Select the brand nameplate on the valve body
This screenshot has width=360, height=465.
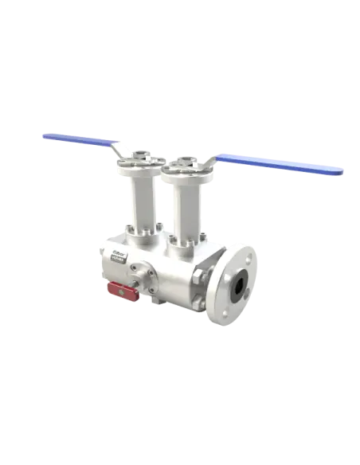pos(118,255)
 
